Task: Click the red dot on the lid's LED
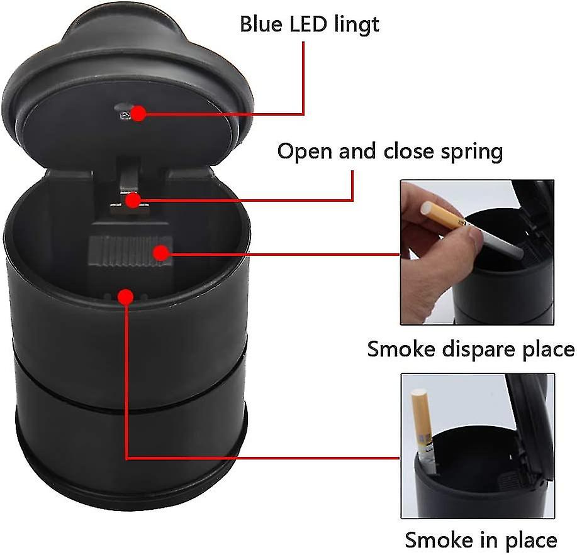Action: click(x=138, y=113)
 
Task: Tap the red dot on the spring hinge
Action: click(x=133, y=201)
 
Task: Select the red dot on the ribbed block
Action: click(x=160, y=253)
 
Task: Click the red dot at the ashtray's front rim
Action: click(x=126, y=296)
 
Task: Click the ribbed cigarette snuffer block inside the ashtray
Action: click(x=130, y=251)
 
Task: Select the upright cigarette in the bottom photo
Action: click(x=423, y=431)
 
